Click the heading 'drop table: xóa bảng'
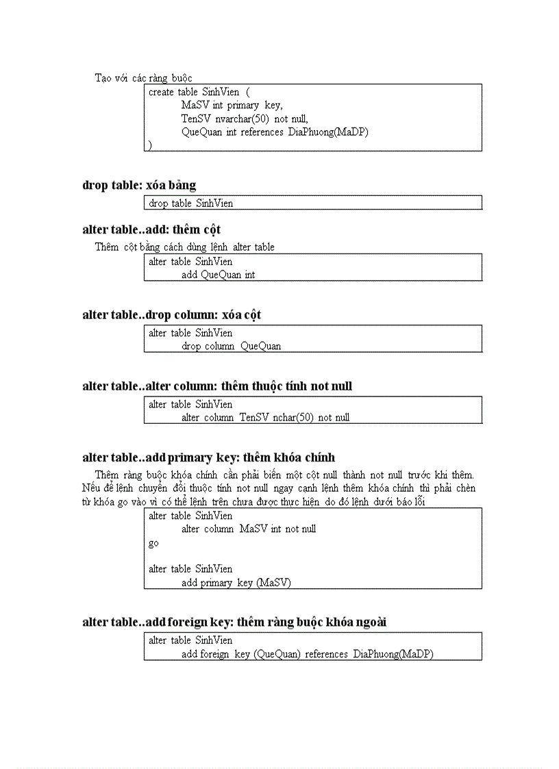tap(139, 185)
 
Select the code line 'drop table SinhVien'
tap(190, 203)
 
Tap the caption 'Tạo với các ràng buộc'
tap(143, 78)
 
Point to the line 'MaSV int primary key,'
tap(232, 105)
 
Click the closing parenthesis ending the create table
tap(150, 145)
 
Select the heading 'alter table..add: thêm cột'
tap(151, 229)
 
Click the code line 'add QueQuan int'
tap(218, 275)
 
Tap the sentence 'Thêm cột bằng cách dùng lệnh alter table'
tap(184, 247)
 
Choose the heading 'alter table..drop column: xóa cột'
tap(171, 315)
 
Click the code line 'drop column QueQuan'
tap(231, 346)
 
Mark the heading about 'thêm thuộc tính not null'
tap(217, 386)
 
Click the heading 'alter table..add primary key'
tap(208, 457)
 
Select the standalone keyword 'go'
tap(153, 543)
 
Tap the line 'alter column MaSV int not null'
tap(249, 529)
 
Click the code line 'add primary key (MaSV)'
tap(236, 583)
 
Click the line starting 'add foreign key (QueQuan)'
tap(307, 654)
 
